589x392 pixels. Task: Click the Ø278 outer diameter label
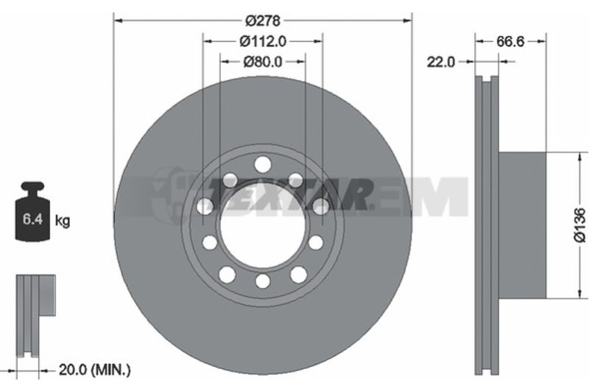click(263, 21)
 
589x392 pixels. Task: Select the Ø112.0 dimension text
click(263, 41)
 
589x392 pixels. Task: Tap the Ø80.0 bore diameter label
click(263, 62)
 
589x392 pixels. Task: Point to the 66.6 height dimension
click(510, 41)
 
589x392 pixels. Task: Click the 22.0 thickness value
click(440, 62)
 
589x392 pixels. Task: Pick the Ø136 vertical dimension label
click(580, 225)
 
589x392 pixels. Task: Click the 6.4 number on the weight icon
click(32, 219)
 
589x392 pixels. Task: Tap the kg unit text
click(63, 220)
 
